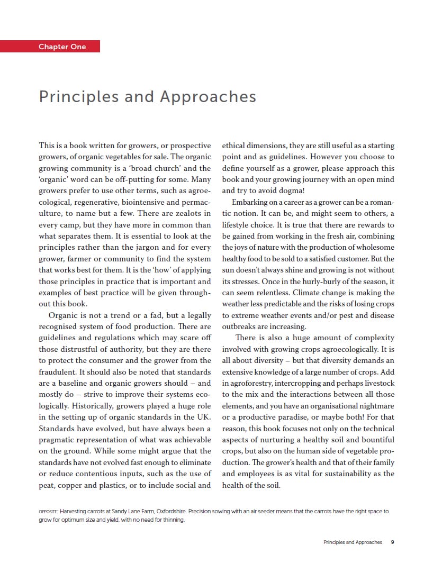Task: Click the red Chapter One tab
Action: tap(62, 47)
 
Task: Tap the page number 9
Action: tap(392, 542)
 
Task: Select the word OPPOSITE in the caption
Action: tap(48, 512)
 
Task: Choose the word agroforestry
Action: tap(255, 383)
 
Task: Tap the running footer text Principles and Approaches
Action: tap(352, 542)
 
